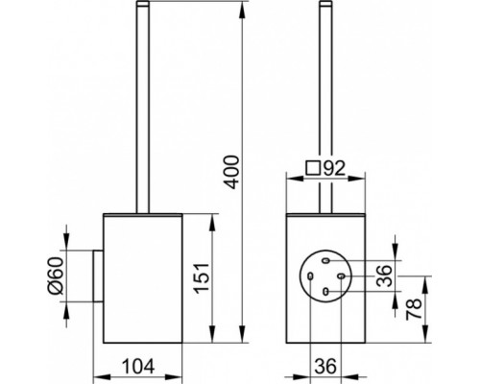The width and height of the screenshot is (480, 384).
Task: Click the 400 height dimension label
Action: pos(231,172)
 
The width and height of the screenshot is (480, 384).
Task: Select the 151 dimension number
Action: pos(203,277)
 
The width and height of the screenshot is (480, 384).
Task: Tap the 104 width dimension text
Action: pos(138,366)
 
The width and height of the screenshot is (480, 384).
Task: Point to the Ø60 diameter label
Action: pos(57,276)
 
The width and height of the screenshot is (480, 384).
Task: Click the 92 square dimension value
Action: pos(334,168)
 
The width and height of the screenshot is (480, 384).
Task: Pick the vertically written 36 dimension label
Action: pos(384,276)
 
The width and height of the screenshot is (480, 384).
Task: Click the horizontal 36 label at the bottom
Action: pos(325,366)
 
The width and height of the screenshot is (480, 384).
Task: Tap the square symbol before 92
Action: pos(313,168)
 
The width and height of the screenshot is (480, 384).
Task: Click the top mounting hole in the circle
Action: pos(325,261)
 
